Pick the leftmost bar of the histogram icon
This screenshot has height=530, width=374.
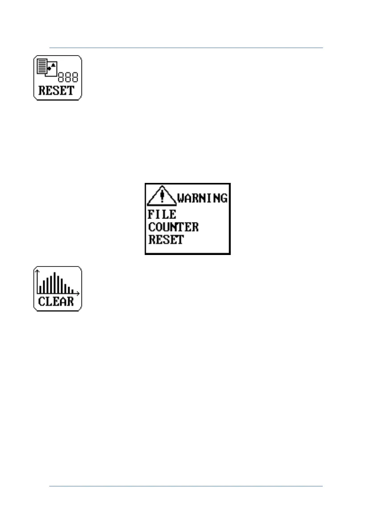[x=40, y=289]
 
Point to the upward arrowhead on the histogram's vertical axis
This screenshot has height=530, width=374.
[x=38, y=271]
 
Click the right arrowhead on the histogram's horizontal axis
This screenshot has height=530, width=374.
[x=78, y=293]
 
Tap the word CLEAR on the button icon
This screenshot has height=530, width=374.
[x=56, y=302]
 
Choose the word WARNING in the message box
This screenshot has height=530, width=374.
[x=203, y=198]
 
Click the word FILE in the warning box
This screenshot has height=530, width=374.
[x=162, y=214]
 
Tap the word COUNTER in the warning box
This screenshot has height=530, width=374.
[x=173, y=227]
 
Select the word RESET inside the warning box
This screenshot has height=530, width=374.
[x=166, y=239]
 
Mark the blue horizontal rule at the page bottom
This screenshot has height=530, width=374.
[x=185, y=486]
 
